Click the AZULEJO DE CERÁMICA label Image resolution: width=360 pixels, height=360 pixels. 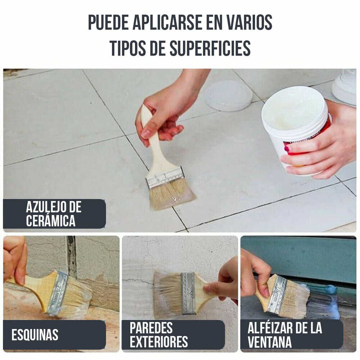point(54,214)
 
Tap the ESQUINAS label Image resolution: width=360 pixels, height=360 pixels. point(35,335)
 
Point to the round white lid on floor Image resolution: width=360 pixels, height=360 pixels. point(228,95)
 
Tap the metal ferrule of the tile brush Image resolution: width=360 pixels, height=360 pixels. point(165,177)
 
